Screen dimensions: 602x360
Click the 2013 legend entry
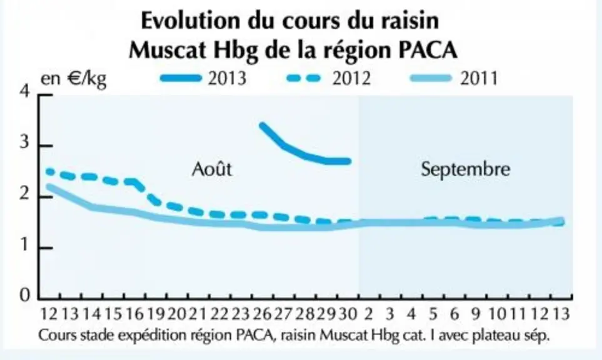(203, 78)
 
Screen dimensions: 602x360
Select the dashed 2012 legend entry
(329, 78)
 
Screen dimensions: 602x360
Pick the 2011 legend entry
(454, 78)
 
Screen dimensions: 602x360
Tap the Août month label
(212, 169)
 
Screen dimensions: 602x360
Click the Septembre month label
(465, 169)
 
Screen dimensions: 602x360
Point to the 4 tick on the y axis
(26, 92)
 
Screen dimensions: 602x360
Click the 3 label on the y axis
(24, 142)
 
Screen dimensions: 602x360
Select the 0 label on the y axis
(25, 295)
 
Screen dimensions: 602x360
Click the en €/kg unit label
(73, 79)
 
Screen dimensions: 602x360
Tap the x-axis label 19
(156, 314)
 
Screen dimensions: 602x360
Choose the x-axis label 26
(262, 314)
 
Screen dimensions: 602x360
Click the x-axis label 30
(348, 314)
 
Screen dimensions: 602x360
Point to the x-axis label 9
(476, 314)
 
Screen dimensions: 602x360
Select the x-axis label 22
(219, 314)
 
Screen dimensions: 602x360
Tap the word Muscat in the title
(167, 50)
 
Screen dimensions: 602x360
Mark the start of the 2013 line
(262, 125)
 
